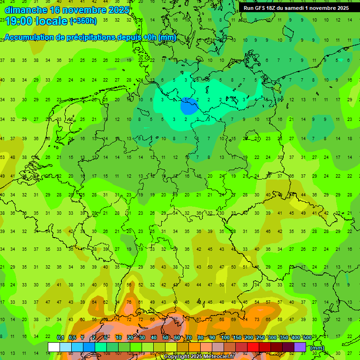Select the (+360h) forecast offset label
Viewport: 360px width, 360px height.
coord(83,21)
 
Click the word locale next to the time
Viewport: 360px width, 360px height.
coord(53,21)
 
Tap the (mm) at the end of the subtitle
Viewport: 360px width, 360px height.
coord(167,37)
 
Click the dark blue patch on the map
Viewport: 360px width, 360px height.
coord(189,106)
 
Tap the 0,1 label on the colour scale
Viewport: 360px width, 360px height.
coord(60,338)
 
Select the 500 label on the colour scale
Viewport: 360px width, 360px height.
coord(307,338)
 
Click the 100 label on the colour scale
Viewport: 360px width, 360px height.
coord(225,338)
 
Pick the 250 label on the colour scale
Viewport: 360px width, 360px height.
coord(260,338)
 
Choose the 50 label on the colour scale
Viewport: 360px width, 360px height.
coord(165,338)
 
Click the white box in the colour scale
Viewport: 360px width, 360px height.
coord(54,347)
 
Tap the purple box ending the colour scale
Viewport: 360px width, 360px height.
coord(300,347)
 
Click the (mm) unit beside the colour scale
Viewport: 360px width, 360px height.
coord(317,347)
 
